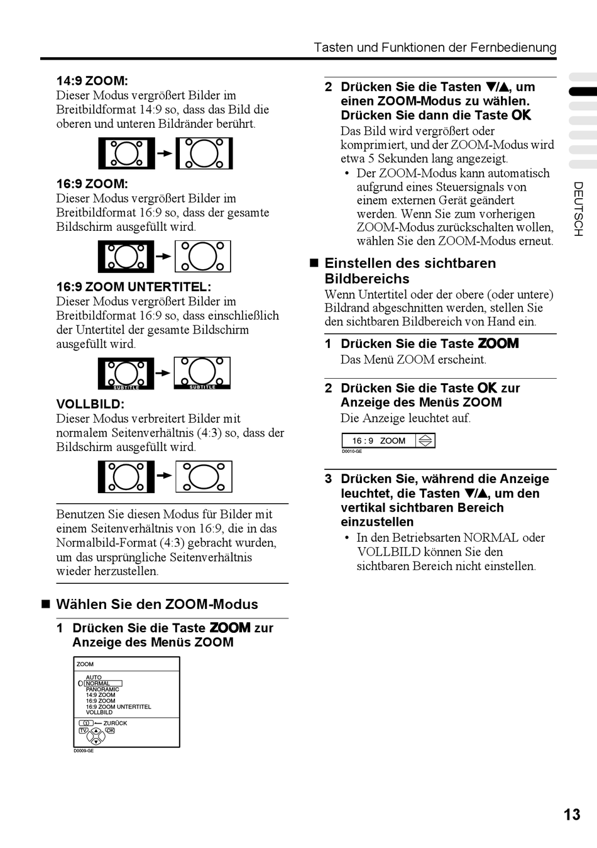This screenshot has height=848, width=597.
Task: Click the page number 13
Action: click(571, 815)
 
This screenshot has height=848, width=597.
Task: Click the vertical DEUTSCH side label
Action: click(578, 209)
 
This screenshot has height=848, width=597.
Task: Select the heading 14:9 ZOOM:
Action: click(92, 81)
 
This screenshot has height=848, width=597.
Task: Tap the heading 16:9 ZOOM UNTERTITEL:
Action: click(133, 287)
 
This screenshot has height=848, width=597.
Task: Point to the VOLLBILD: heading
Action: click(90, 404)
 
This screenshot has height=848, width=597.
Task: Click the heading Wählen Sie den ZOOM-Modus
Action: click(156, 605)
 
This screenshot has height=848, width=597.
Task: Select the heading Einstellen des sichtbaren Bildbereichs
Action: click(410, 271)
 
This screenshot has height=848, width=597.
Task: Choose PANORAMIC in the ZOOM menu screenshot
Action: click(102, 689)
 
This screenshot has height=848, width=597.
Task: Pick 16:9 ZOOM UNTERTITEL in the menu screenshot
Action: click(118, 706)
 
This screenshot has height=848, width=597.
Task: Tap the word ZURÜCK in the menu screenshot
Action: click(115, 723)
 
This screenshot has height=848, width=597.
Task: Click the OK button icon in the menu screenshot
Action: click(110, 731)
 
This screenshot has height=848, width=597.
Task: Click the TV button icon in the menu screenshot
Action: click(83, 731)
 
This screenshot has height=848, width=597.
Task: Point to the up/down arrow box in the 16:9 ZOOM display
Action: click(425, 440)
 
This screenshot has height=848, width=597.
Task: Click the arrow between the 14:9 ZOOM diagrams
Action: click(164, 153)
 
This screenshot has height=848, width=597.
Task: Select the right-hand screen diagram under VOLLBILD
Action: click(204, 477)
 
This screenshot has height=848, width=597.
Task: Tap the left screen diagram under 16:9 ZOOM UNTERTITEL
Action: click(126, 374)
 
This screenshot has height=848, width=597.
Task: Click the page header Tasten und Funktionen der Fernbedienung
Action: click(435, 48)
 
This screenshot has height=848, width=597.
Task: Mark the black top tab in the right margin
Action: click(583, 92)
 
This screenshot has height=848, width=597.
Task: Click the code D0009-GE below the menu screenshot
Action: click(84, 751)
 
